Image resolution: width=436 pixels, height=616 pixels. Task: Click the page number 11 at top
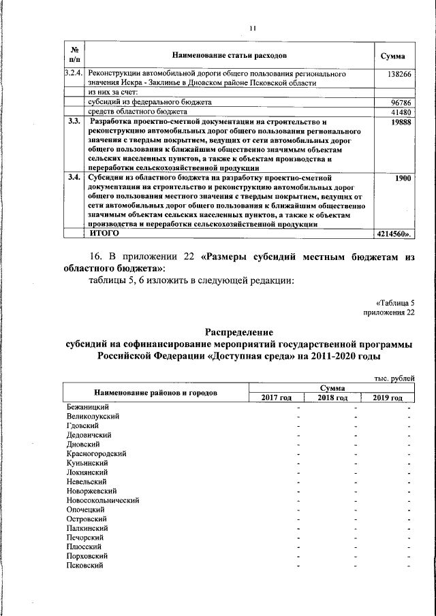point(252,28)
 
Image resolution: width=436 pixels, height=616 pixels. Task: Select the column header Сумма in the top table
point(393,54)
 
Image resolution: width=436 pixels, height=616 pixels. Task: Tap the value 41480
point(400,112)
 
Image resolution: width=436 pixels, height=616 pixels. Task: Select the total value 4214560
point(394,233)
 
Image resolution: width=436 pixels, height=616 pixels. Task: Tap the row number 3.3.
point(74,121)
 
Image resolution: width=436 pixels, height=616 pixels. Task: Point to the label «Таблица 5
point(394,302)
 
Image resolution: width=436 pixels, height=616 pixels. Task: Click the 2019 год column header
point(387,398)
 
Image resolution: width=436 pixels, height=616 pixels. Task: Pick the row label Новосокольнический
point(103,500)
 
